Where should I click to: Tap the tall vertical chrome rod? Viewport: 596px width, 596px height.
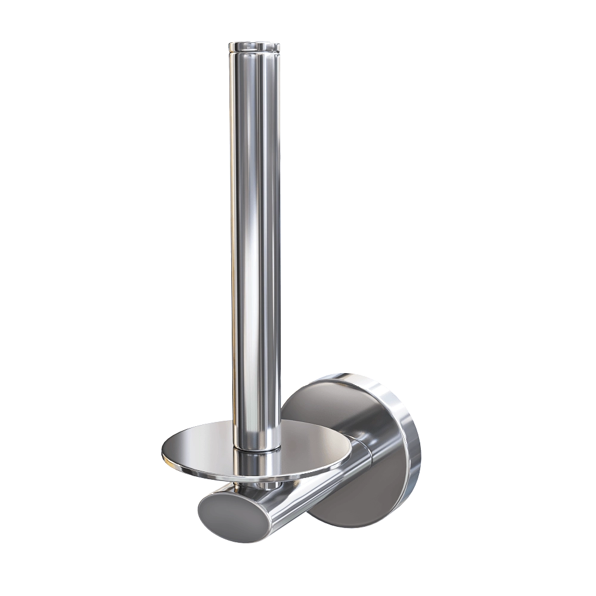pos(254,238)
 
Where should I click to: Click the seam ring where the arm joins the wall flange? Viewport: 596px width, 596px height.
pos(365,453)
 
